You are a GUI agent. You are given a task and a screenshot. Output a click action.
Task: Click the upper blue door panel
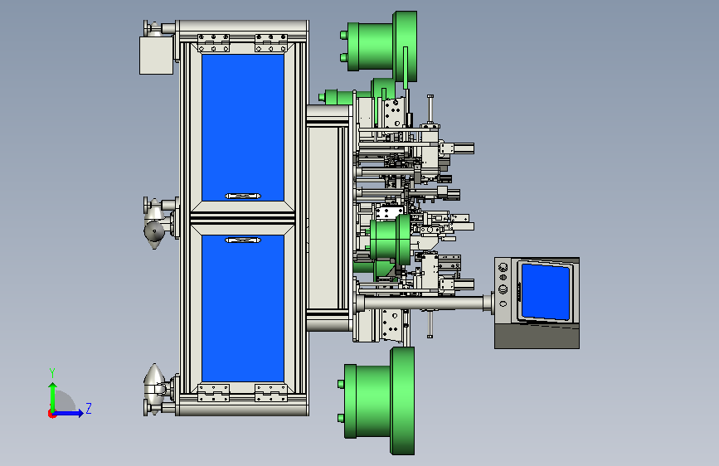pos(243,127)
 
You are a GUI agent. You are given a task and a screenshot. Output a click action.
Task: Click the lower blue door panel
pos(243,308)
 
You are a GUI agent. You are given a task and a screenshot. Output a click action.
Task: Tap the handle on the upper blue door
pos(243,196)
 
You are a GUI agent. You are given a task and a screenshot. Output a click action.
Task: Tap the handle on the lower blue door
pos(243,240)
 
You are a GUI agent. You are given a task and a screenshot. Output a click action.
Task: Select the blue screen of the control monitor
pos(546,291)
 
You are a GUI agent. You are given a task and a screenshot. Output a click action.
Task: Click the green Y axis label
pos(52,373)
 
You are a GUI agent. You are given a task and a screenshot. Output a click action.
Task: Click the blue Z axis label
pos(89,408)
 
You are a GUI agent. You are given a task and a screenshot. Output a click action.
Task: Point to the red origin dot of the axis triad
pos(51,414)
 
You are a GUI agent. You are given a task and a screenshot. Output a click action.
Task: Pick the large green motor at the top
pos(379,46)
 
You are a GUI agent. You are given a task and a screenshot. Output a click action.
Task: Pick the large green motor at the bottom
pos(377,400)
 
